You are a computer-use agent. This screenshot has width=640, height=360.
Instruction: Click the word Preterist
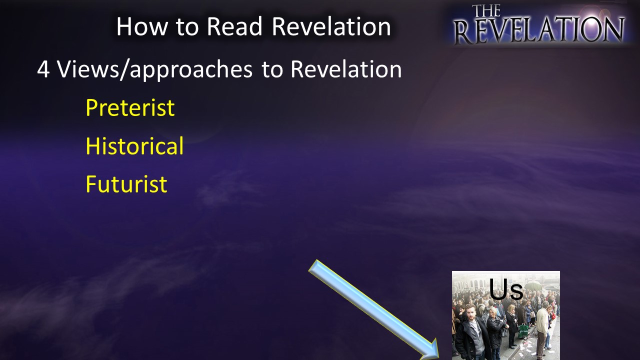tap(130, 107)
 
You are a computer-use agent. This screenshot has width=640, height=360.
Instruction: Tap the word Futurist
tap(126, 184)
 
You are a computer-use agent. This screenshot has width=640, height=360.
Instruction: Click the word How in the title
tap(142, 26)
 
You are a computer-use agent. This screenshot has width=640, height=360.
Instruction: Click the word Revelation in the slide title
tap(331, 26)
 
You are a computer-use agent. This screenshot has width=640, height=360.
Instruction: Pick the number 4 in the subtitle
tap(43, 69)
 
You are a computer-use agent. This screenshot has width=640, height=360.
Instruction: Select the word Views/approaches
tap(155, 70)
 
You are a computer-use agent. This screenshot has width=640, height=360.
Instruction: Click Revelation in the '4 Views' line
tap(346, 69)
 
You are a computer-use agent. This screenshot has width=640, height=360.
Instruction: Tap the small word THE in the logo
tap(486, 10)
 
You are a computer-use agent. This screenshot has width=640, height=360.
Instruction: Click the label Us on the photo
tap(506, 289)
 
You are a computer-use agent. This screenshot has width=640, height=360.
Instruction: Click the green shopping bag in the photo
tap(523, 331)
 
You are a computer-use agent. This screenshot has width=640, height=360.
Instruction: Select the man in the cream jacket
tap(542, 328)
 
